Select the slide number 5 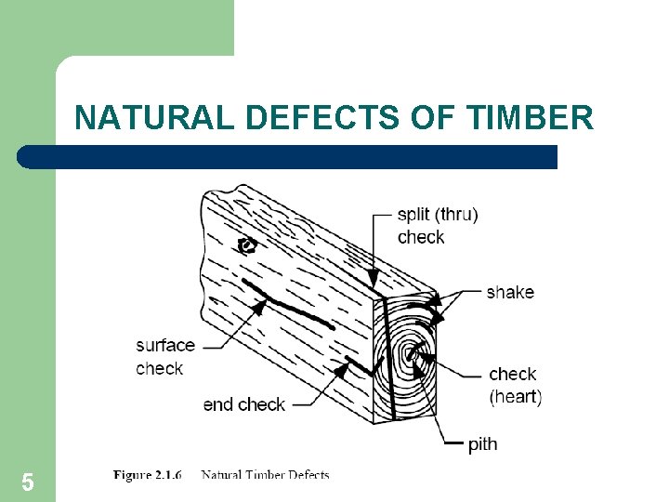[28, 482]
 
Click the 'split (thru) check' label [438, 226]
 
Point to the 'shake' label [510, 292]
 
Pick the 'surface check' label [165, 357]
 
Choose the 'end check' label [243, 404]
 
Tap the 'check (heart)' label [515, 385]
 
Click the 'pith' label [482, 444]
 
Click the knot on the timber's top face [247, 245]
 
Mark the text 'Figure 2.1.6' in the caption [147, 475]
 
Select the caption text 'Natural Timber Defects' [265, 475]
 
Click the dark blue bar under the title [288, 157]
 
